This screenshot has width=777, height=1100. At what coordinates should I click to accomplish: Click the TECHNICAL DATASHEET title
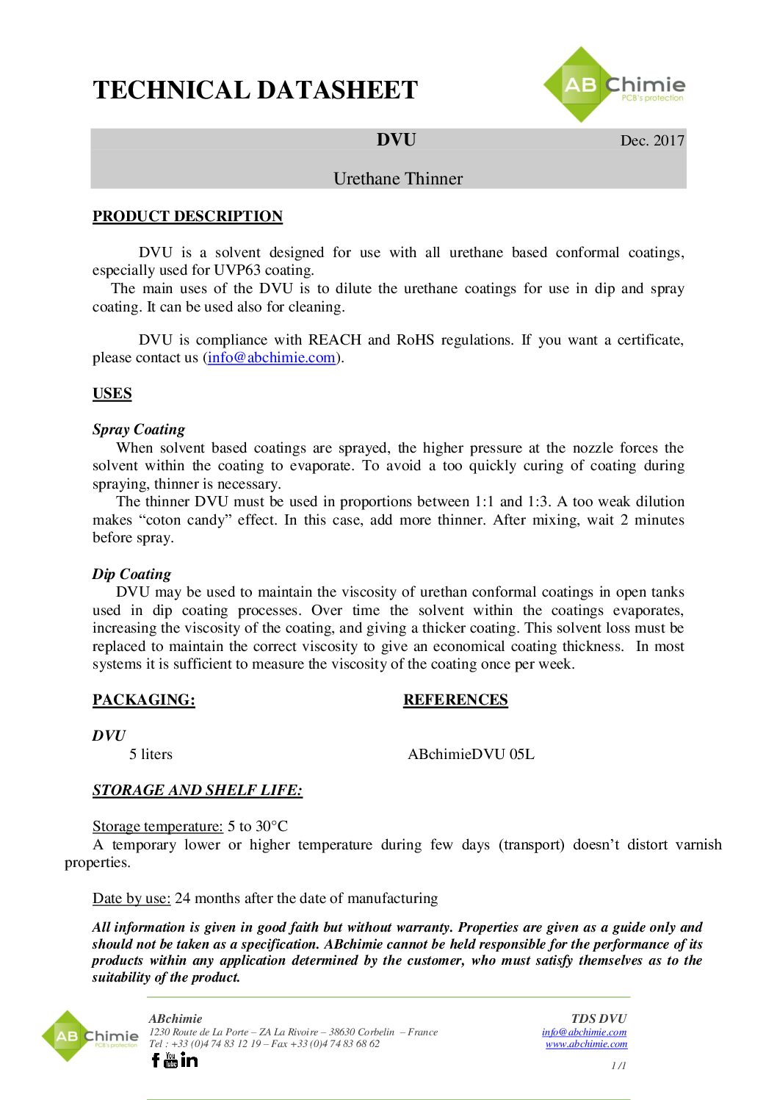(255, 90)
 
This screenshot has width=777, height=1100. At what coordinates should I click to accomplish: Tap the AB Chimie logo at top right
(613, 85)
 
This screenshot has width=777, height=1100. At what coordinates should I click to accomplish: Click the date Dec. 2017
(651, 140)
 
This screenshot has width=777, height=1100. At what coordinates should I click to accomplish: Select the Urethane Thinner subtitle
(397, 179)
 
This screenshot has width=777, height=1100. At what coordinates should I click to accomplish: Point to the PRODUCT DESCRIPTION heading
(187, 216)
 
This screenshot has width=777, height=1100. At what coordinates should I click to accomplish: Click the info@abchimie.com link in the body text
(271, 358)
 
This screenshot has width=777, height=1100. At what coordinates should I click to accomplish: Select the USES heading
(112, 393)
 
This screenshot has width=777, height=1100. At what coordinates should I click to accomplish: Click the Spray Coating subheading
(139, 429)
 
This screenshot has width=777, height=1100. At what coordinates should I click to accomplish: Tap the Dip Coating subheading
(131, 574)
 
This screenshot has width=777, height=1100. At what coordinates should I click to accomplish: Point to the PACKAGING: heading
(144, 700)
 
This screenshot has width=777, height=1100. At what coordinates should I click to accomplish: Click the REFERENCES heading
(455, 700)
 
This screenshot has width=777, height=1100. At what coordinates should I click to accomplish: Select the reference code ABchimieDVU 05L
(471, 754)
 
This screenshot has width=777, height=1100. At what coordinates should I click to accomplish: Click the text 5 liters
(151, 754)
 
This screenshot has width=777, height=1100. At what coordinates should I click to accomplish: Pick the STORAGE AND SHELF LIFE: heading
(197, 790)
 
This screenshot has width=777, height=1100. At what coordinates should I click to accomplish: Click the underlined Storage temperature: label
(157, 826)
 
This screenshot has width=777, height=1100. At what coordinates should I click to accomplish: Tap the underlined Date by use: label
(131, 898)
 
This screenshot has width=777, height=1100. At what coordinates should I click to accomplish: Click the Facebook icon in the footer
(155, 1060)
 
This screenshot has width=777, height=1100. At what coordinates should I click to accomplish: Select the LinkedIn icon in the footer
(189, 1060)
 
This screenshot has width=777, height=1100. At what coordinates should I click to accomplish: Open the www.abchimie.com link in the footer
(586, 1043)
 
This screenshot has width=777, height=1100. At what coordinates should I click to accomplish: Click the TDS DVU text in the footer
(599, 1018)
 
